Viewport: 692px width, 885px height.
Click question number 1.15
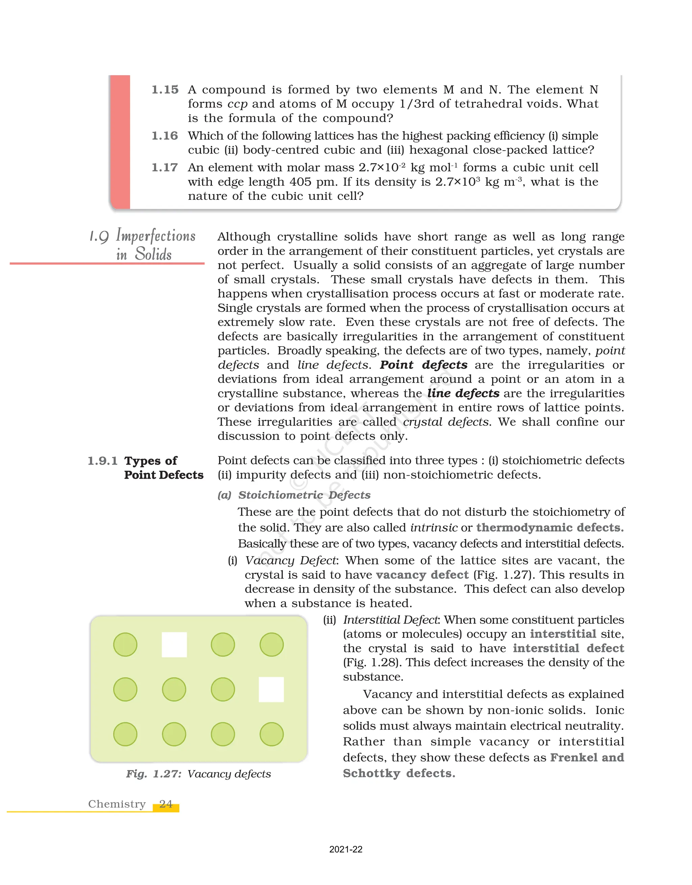165,89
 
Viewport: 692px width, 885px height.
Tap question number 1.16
165,136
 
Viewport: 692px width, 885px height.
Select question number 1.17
165,167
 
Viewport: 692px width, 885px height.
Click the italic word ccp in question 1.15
237,104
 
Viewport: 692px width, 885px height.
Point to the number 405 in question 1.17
300,182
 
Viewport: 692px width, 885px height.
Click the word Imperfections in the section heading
156,236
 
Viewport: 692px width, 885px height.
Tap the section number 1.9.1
103,461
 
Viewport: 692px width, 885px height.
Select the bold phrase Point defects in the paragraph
423,365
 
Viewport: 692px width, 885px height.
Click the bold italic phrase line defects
463,393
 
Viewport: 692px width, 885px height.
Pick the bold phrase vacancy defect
422,575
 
